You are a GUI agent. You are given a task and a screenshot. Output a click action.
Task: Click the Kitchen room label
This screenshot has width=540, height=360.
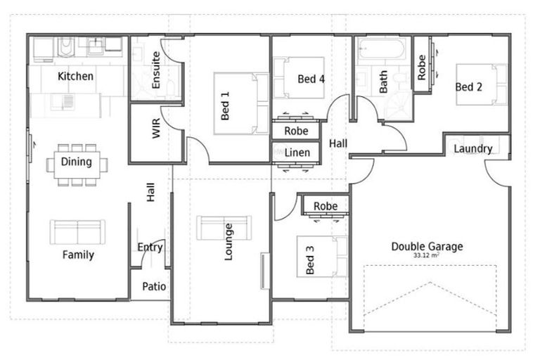pos(76,76)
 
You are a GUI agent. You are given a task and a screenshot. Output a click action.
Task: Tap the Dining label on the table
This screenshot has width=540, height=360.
pos(76,162)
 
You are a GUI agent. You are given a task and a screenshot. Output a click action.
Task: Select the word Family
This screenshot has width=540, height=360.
pos(77,255)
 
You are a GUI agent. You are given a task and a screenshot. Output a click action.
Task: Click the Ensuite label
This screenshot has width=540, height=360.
pos(156,69)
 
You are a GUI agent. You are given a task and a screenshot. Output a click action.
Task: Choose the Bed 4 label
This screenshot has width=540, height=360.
pos(311,79)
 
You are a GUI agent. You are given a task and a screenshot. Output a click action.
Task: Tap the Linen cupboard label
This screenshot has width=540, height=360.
pos(297,153)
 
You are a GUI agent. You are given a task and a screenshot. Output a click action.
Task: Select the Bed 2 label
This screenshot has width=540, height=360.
pos(468,87)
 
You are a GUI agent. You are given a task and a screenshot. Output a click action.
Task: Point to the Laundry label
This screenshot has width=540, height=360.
pos(472,148)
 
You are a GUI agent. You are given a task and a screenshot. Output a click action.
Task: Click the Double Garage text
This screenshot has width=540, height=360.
pos(427,247)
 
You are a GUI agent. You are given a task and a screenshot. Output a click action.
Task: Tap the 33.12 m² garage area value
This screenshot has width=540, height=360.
pos(426,256)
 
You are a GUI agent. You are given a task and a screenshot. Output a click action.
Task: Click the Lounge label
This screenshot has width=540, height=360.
pos(229,242)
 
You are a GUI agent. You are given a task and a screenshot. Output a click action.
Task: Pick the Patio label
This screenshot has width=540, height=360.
pos(154,287)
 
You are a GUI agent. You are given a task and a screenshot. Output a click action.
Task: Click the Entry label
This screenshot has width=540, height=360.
pos(150,247)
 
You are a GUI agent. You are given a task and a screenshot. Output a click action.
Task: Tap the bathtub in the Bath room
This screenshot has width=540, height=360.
pos(380,50)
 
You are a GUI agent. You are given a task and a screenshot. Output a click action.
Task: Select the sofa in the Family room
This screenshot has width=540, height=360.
pos(77,231)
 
